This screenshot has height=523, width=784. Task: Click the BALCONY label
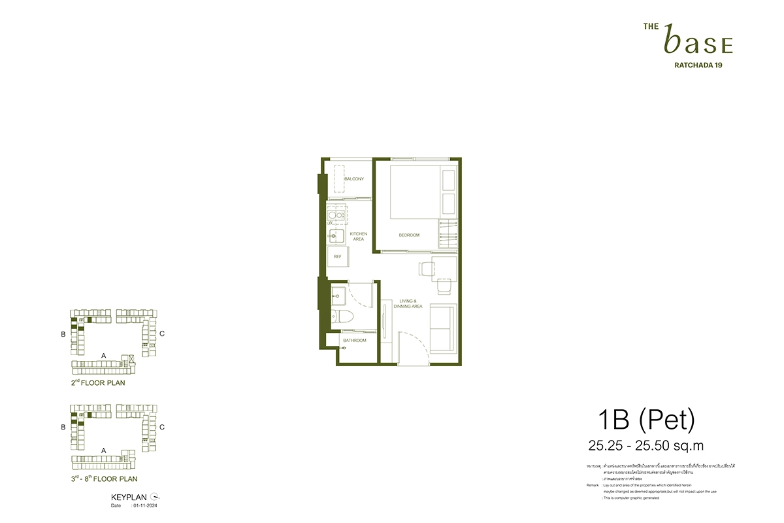tap(353, 179)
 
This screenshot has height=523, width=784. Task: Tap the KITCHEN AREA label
tap(359, 236)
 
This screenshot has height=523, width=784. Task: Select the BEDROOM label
tap(409, 235)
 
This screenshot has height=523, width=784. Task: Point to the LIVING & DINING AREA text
tap(408, 303)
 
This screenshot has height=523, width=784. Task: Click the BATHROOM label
tap(355, 341)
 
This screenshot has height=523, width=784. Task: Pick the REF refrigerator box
tap(338, 256)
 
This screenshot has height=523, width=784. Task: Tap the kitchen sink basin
tap(337, 236)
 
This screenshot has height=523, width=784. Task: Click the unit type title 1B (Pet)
tap(645, 420)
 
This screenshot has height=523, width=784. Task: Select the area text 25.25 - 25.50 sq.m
tap(645, 447)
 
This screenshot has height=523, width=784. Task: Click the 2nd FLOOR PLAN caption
tap(98, 382)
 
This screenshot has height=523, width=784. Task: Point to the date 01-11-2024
tap(147, 505)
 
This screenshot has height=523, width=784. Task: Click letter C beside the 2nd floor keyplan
tap(161, 333)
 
